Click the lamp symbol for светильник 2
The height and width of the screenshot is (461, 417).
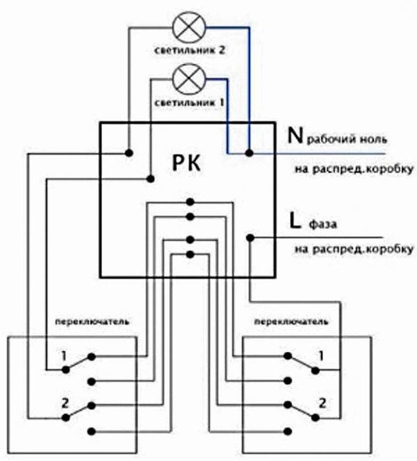tap(189, 28)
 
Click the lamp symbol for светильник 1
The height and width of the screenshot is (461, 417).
tap(189, 79)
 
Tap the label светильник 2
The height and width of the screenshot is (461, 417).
tap(189, 50)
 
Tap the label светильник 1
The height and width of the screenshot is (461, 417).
tap(189, 103)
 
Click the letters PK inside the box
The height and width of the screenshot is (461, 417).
tap(187, 163)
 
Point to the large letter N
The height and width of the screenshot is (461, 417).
tap(295, 136)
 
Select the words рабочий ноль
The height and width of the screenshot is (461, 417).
tap(347, 139)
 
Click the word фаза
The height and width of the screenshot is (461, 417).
tap(323, 225)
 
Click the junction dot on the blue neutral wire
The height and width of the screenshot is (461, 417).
tap(249, 153)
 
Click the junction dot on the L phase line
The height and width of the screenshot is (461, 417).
tap(250, 238)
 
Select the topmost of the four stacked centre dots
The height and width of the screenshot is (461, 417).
tap(190, 202)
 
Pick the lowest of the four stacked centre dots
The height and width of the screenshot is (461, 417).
tap(190, 254)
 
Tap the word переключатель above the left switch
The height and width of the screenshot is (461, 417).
tap(92, 321)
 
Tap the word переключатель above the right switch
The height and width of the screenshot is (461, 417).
tap(291, 321)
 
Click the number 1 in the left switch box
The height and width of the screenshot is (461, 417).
tap(64, 356)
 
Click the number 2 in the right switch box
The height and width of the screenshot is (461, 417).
tap(322, 403)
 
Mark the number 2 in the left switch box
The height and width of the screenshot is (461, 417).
tap(65, 403)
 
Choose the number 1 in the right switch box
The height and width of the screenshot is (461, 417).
tap(321, 356)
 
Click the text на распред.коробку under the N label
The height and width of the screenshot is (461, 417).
tap(354, 169)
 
